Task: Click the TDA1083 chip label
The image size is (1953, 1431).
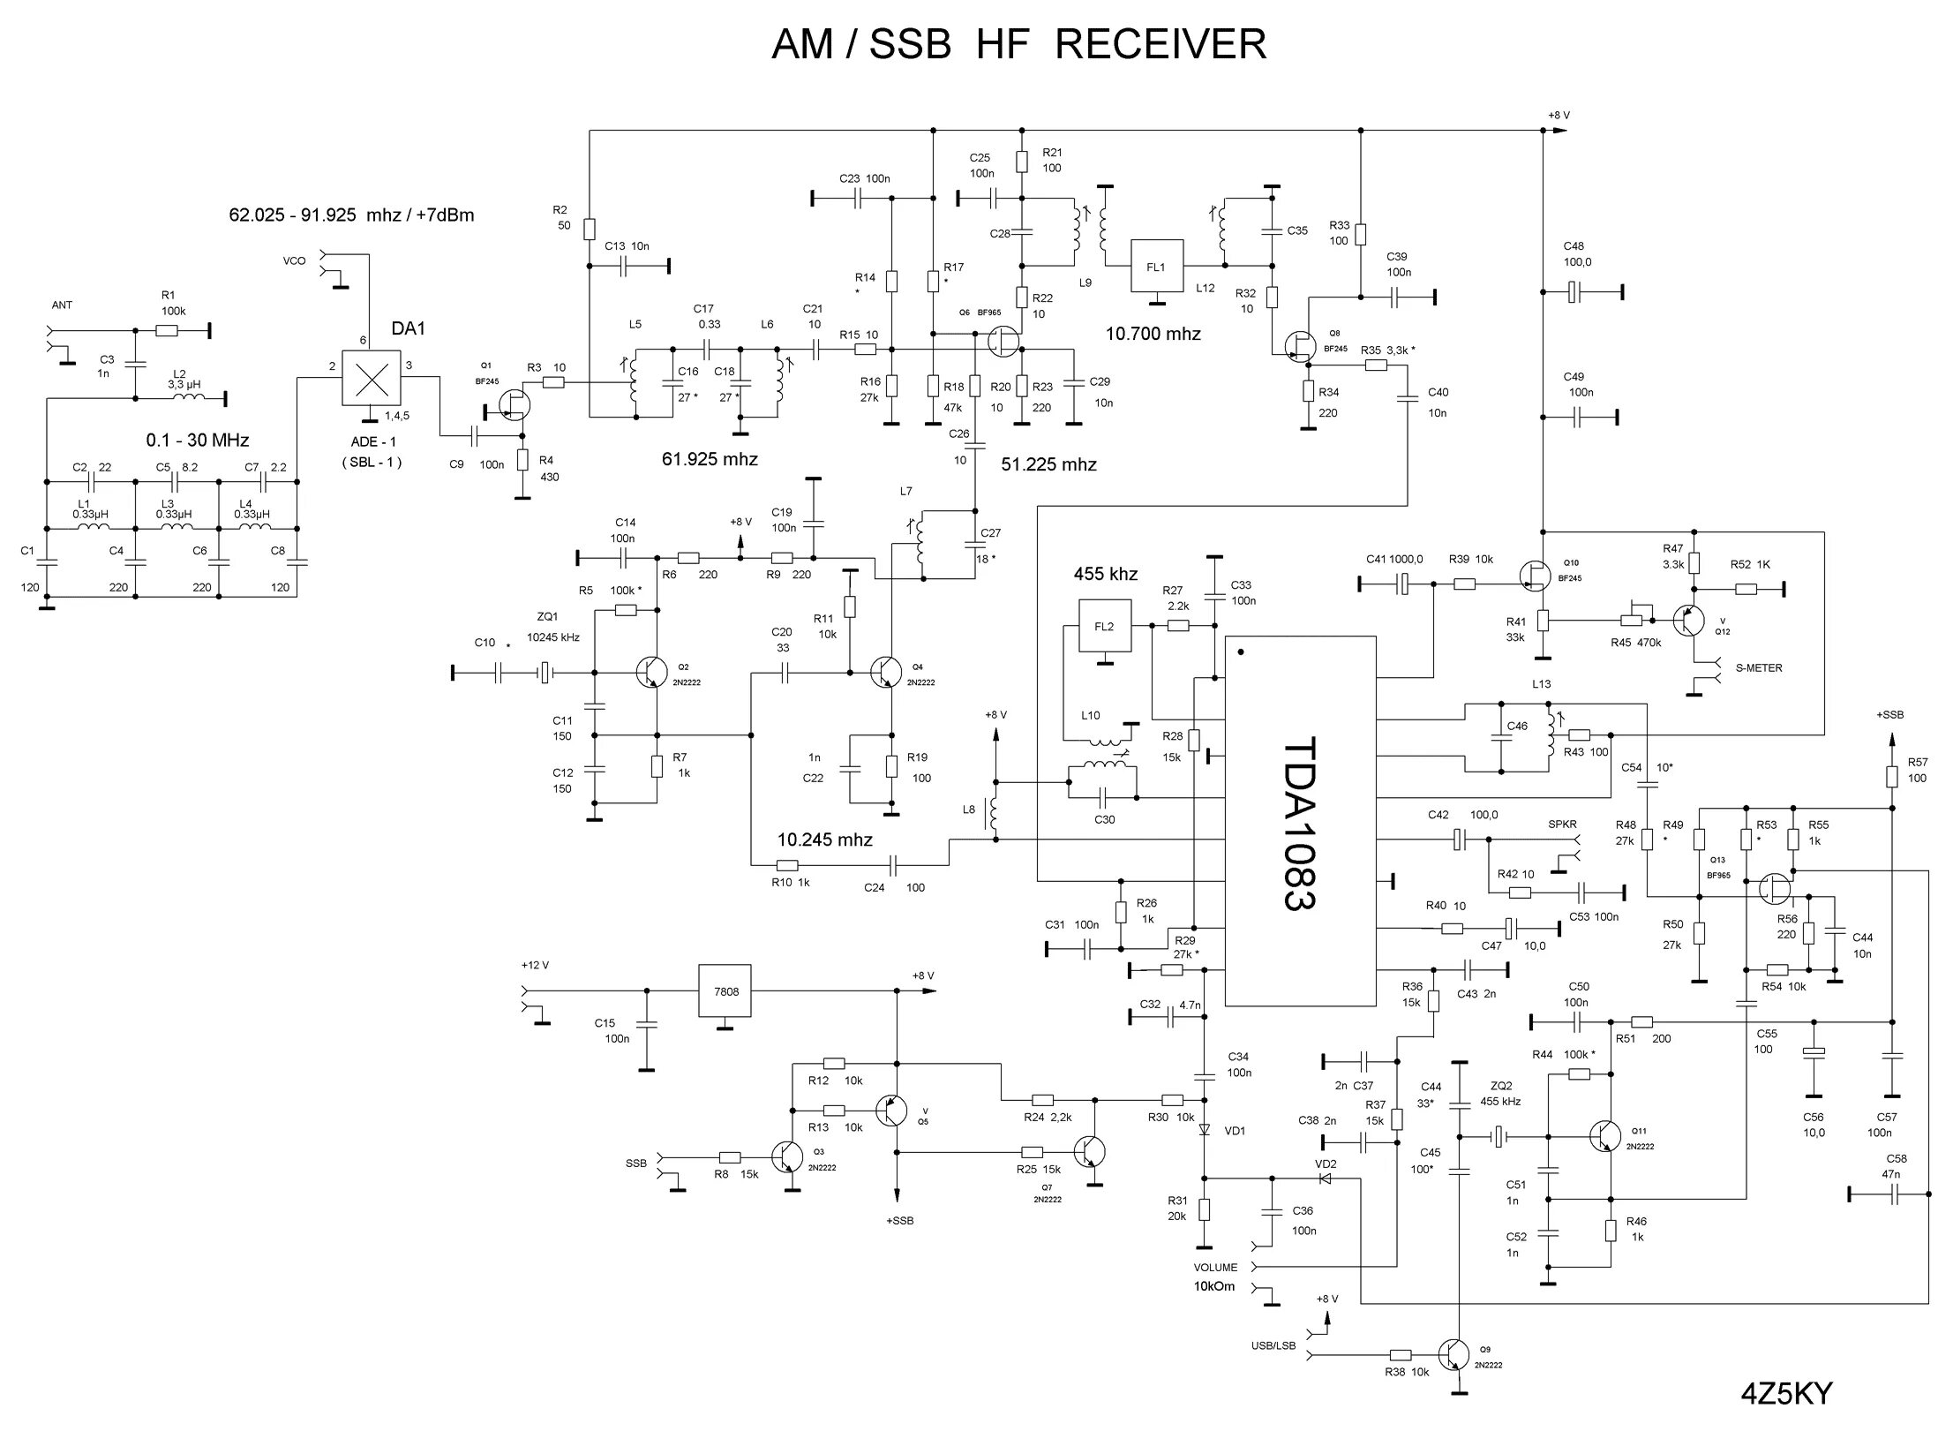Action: (1298, 823)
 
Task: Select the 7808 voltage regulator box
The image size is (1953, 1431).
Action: (726, 991)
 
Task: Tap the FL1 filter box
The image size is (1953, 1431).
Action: (1156, 266)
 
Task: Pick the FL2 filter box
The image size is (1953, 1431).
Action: (1104, 627)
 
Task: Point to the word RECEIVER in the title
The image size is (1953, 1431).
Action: (1161, 44)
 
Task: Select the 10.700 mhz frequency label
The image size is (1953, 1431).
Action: (1153, 334)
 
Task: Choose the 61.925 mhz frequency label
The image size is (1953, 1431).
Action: (710, 459)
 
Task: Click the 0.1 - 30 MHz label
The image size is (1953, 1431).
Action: (198, 440)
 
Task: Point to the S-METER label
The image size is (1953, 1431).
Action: (1759, 668)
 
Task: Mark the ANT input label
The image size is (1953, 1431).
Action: (62, 305)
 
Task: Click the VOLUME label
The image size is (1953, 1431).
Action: (1215, 1268)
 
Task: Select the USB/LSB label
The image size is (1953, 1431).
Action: (1273, 1346)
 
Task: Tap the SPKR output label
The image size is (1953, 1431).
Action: (1562, 825)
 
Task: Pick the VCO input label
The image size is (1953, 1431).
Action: (294, 261)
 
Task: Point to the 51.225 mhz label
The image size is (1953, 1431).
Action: (1048, 465)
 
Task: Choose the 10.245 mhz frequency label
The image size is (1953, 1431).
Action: (824, 840)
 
